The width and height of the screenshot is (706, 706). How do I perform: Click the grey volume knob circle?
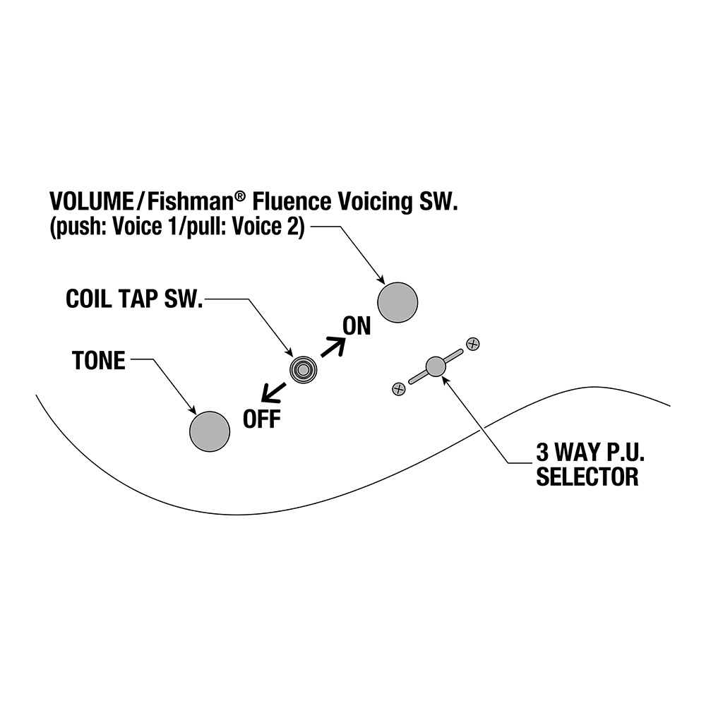(397, 302)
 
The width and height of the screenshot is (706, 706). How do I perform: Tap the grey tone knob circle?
(210, 431)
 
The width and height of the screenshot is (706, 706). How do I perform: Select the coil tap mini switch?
(303, 370)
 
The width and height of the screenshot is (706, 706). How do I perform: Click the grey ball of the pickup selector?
(436, 366)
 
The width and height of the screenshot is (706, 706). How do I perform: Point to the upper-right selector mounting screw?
(473, 344)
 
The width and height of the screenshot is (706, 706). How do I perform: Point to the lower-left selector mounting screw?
(399, 389)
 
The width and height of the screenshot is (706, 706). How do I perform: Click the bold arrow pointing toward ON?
(333, 347)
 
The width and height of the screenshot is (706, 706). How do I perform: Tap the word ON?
(357, 326)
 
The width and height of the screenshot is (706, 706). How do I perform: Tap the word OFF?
(262, 419)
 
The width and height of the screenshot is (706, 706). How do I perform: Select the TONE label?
(99, 361)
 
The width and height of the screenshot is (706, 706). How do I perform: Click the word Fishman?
(190, 201)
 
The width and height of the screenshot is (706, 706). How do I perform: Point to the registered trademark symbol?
(241, 196)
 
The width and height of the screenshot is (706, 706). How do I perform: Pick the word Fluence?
(292, 201)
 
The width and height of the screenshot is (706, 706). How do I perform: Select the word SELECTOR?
(587, 477)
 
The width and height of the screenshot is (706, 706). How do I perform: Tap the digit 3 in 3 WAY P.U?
(542, 453)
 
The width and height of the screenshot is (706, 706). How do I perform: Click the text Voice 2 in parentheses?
(265, 227)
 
